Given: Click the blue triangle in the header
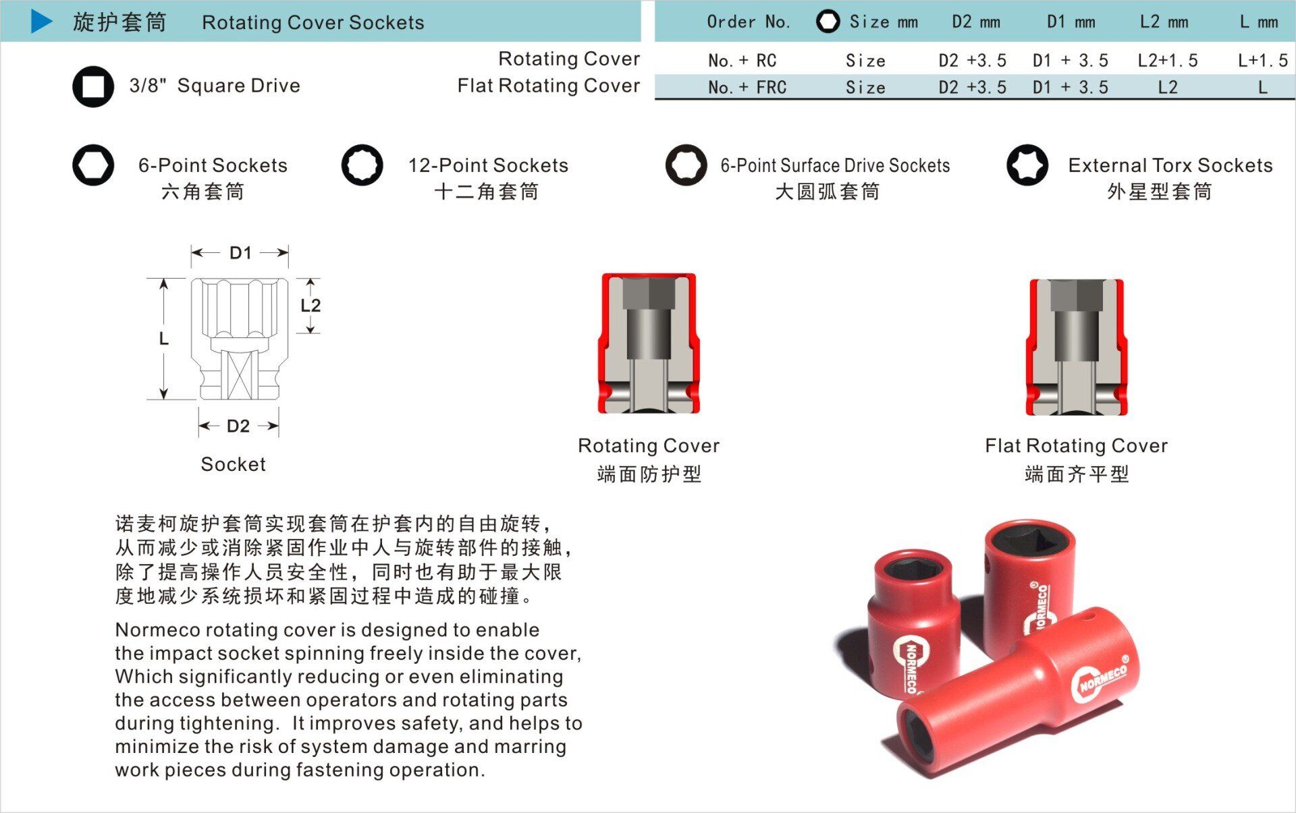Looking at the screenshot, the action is pos(41,21).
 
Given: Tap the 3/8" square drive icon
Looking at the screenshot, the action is pos(93,86).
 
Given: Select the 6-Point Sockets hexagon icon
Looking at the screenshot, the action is pos(93,165).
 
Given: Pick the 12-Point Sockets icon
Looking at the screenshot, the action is pos(362,165).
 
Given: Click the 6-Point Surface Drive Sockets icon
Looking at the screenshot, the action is pos(686,165).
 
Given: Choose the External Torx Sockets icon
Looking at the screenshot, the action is pos(1027,165).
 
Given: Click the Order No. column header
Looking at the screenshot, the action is pos(749,22).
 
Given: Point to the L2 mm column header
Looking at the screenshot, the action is pos(1164,22).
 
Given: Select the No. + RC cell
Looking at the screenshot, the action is pos(742,61).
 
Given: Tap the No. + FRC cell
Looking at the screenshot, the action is pos(747,88).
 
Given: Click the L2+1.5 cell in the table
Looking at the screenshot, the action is pos(1168,61).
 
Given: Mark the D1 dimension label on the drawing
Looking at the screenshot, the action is pos(240,253).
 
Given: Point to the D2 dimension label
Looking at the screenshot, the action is pos(238,426).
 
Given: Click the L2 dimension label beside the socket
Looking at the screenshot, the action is pos(310,306).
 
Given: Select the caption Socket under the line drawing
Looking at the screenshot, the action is pos(234,464).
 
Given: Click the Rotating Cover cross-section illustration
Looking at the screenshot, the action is pos(649,343).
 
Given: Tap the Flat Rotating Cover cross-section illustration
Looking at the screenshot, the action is pos(1077,347).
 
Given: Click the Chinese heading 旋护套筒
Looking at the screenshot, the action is pos(119,22).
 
